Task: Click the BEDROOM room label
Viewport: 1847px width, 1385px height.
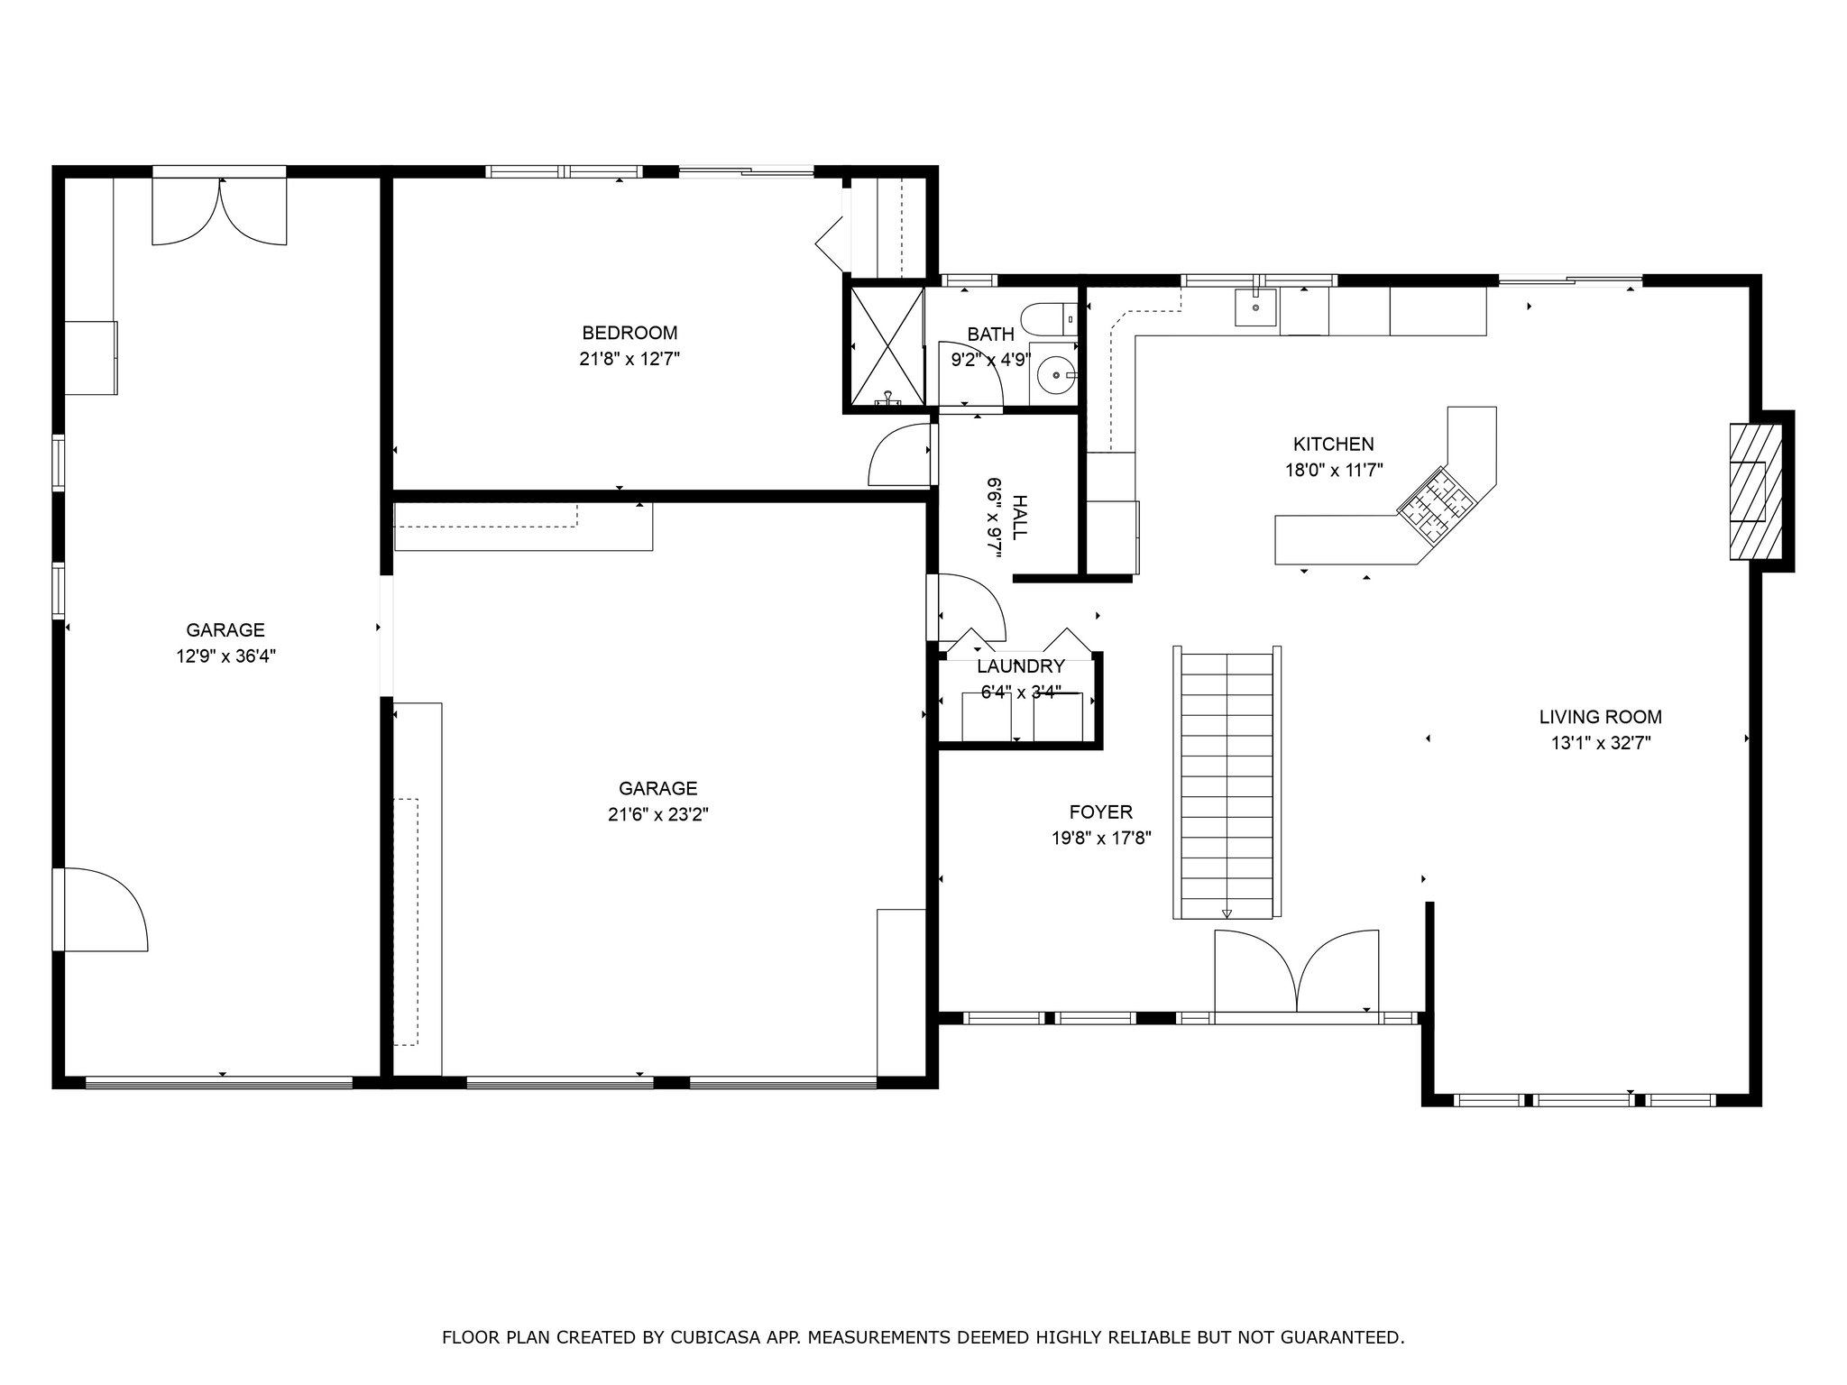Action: [x=629, y=333]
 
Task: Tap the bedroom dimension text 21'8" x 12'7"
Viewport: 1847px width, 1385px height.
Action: [x=629, y=359]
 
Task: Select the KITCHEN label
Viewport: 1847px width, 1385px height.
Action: [x=1334, y=444]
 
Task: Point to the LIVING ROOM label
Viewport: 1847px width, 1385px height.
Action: [x=1601, y=717]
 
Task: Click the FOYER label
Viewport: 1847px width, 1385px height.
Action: [x=1101, y=812]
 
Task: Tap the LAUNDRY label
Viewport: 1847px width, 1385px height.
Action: [x=1021, y=666]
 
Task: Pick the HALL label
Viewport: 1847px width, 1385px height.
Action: [x=1019, y=518]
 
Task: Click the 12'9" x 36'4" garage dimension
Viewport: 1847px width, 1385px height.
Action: [x=225, y=656]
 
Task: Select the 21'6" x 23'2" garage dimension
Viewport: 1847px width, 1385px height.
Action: [x=657, y=815]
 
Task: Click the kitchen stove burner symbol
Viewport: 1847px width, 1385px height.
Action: [x=1436, y=506]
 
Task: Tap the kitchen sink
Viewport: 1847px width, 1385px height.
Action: [x=1255, y=307]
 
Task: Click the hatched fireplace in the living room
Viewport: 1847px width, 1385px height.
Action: [x=1755, y=491]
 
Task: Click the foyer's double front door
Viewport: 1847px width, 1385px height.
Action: [x=1297, y=972]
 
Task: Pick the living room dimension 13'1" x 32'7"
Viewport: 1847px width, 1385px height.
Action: [x=1601, y=743]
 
